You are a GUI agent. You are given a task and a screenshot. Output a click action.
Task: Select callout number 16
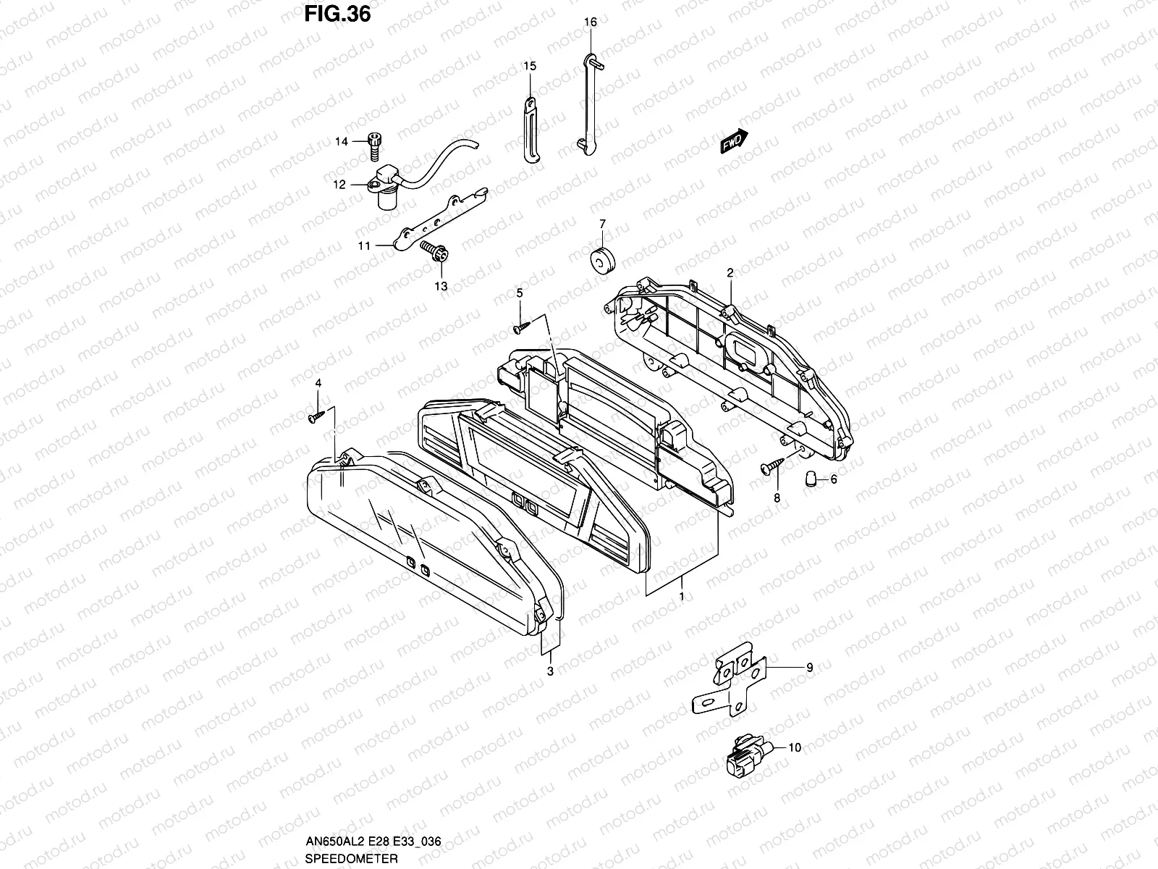click(x=591, y=22)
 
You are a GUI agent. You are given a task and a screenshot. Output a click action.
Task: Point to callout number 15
click(x=530, y=67)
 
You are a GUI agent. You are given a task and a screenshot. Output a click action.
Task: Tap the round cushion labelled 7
click(x=601, y=261)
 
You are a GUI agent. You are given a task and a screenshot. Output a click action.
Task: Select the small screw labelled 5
click(x=520, y=328)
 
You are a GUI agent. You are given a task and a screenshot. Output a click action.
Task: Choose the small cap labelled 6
click(x=811, y=478)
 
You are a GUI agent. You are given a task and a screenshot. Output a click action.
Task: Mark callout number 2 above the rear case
click(x=730, y=273)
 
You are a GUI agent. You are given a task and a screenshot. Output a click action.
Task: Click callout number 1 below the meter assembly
click(x=681, y=595)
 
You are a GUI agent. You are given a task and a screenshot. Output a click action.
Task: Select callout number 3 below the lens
click(x=550, y=671)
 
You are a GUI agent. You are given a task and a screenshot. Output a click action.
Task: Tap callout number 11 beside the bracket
click(x=363, y=246)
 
